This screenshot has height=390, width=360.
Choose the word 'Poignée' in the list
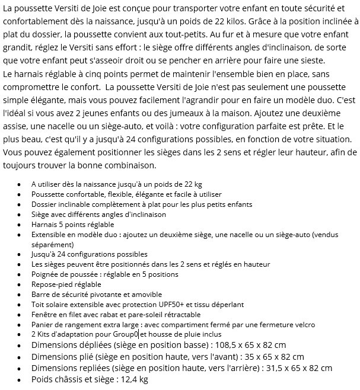(x=46, y=274)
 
